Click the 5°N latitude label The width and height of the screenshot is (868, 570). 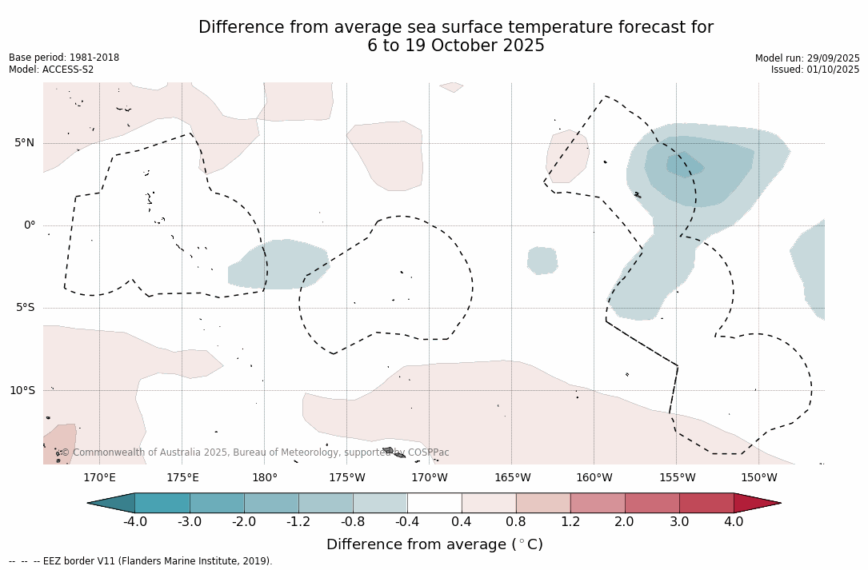point(24,143)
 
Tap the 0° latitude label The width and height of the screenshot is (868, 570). point(30,225)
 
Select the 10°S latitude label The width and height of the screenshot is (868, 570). point(22,391)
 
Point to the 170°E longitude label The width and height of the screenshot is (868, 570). point(99,478)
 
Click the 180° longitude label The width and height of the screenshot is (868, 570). point(264,478)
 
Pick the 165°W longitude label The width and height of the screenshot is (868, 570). point(512,478)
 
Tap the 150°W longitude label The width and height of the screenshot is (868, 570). point(758,478)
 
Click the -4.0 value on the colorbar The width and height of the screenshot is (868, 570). point(134,522)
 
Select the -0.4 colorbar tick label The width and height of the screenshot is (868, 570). point(407,522)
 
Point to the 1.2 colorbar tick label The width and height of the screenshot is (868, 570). point(570,522)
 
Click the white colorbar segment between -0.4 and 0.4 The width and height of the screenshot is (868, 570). point(434,503)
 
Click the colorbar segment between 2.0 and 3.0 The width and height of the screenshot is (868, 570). point(652,503)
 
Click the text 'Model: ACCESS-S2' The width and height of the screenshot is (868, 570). point(51,70)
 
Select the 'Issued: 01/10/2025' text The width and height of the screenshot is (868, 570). point(814,70)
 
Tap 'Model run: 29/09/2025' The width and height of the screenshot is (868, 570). point(807,58)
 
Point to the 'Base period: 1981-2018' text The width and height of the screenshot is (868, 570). point(64,58)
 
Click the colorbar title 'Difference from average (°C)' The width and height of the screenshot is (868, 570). point(434,544)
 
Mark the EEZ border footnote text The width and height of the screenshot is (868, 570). point(141,561)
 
